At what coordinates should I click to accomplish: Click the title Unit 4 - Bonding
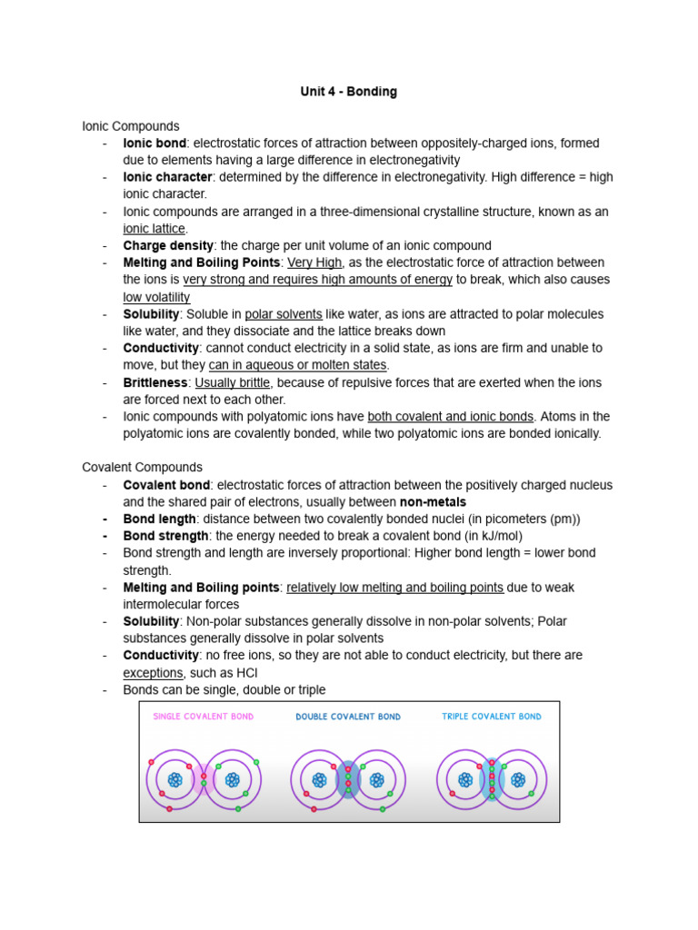349,92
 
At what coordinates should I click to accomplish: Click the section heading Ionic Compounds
131,126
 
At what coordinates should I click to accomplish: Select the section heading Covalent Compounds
142,467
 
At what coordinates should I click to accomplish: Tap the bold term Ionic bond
155,143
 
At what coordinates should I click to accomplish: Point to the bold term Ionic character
167,177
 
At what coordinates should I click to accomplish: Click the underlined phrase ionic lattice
154,229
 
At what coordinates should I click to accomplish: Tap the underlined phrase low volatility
156,297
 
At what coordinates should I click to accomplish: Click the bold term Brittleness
155,382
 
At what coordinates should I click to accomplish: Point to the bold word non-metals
433,502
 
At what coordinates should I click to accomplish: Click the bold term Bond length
159,519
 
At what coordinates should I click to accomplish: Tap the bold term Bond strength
165,536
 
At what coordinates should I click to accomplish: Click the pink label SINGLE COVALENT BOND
204,717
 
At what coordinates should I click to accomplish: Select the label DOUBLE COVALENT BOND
348,717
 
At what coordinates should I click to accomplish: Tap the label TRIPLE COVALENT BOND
492,717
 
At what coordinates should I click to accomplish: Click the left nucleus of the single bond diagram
175,779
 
